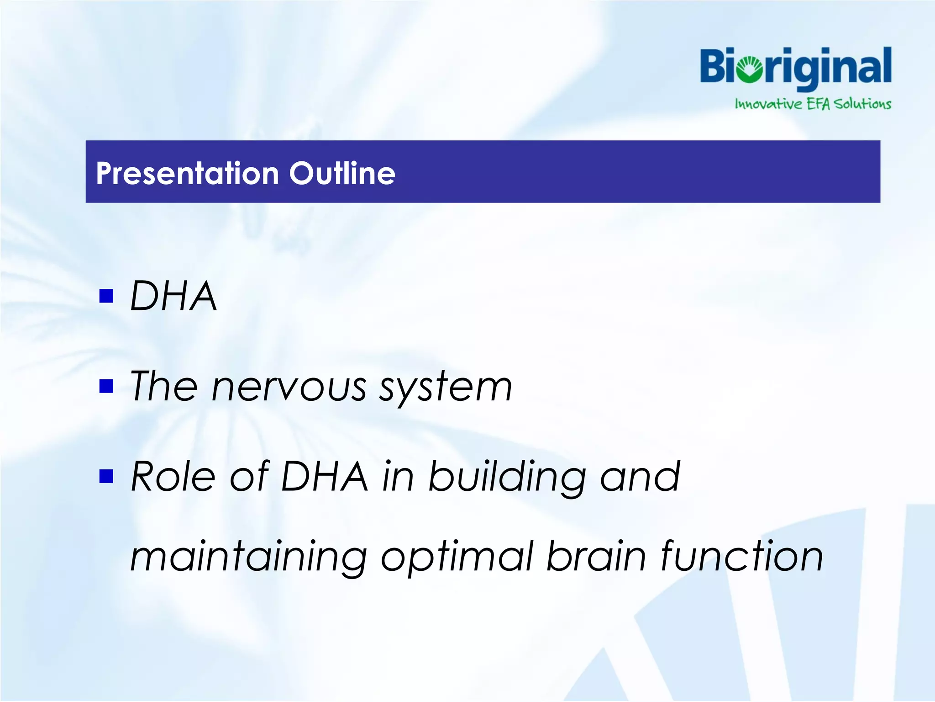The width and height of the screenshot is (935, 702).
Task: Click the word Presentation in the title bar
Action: tap(187, 174)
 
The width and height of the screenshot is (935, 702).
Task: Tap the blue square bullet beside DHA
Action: tap(106, 296)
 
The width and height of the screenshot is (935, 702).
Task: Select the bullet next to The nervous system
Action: tap(106, 386)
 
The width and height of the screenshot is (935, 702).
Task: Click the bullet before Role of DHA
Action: tap(106, 476)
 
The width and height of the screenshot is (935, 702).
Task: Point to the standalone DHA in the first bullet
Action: tap(173, 296)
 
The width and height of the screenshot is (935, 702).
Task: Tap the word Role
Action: tap(173, 477)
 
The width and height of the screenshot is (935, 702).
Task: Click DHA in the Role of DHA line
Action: tap(324, 477)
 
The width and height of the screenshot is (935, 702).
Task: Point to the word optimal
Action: tap(457, 557)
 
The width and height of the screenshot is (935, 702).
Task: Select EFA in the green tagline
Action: tap(818, 104)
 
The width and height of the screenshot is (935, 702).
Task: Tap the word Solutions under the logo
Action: tap(862, 104)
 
